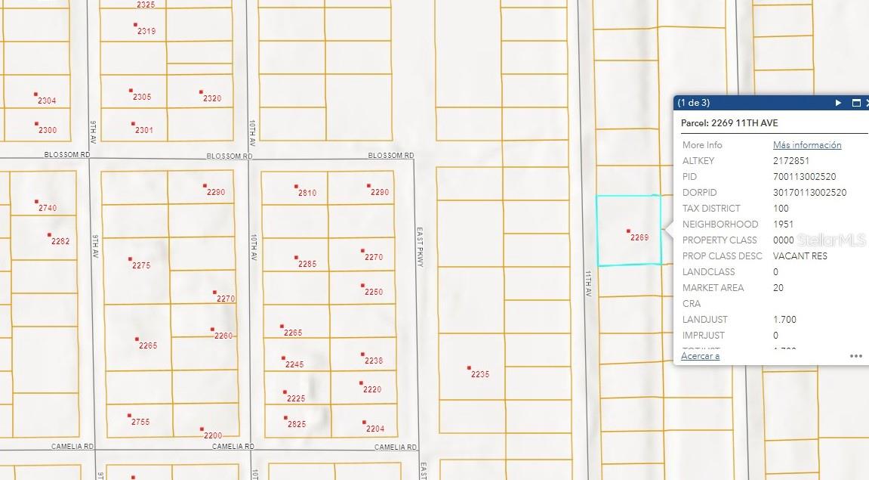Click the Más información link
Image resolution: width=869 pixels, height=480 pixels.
point(806,145)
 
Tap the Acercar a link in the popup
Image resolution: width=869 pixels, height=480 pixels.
point(700,356)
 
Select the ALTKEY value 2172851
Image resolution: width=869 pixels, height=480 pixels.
point(791,161)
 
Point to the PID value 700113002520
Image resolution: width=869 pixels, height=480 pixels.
point(804,177)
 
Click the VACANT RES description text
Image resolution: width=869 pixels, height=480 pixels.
point(800,256)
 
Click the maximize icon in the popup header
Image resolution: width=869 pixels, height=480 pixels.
point(856,103)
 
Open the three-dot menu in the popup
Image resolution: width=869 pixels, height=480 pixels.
point(855,356)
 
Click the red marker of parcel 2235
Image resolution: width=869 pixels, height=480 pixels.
point(469,368)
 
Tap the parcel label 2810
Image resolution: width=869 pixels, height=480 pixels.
point(307,194)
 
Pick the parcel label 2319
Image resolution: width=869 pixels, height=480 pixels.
point(146,32)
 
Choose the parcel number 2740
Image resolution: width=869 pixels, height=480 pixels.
point(47,209)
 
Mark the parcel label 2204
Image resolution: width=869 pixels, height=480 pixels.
point(374,429)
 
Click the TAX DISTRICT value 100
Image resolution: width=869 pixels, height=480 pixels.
point(781,209)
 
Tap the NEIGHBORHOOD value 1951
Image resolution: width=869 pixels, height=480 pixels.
point(783,225)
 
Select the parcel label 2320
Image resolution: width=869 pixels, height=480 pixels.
point(212,99)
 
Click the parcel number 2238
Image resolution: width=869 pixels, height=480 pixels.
point(374,361)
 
